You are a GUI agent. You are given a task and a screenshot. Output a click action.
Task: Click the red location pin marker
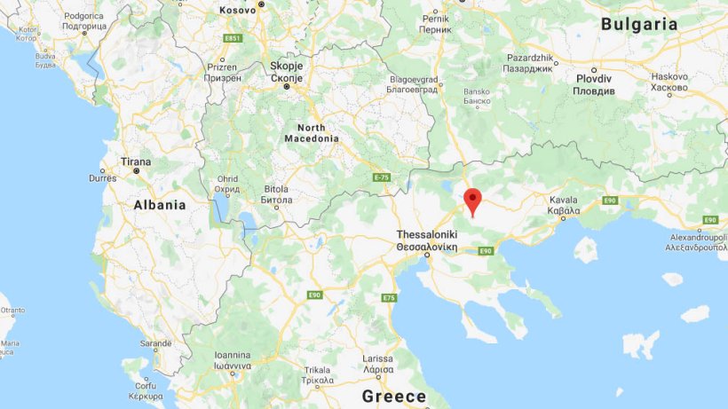coord(472,201)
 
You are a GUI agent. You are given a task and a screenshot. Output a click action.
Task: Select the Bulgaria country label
coord(639,25)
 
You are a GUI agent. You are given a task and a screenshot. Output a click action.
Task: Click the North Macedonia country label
coord(312,133)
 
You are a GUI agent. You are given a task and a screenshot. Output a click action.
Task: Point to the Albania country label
coord(160,205)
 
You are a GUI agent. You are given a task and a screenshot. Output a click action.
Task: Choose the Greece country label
coord(394,396)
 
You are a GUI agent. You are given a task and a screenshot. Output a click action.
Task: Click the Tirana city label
coord(136,162)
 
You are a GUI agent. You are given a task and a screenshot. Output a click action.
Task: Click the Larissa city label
coord(378,364)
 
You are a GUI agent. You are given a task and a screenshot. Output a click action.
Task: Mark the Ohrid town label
coord(227,185)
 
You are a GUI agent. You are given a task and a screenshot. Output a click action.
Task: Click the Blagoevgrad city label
coord(413,83)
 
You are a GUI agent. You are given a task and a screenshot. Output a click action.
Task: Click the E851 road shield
coord(233,38)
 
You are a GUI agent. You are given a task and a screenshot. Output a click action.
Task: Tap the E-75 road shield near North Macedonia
coord(382,178)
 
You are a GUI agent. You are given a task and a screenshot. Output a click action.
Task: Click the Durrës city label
coord(103,178)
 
